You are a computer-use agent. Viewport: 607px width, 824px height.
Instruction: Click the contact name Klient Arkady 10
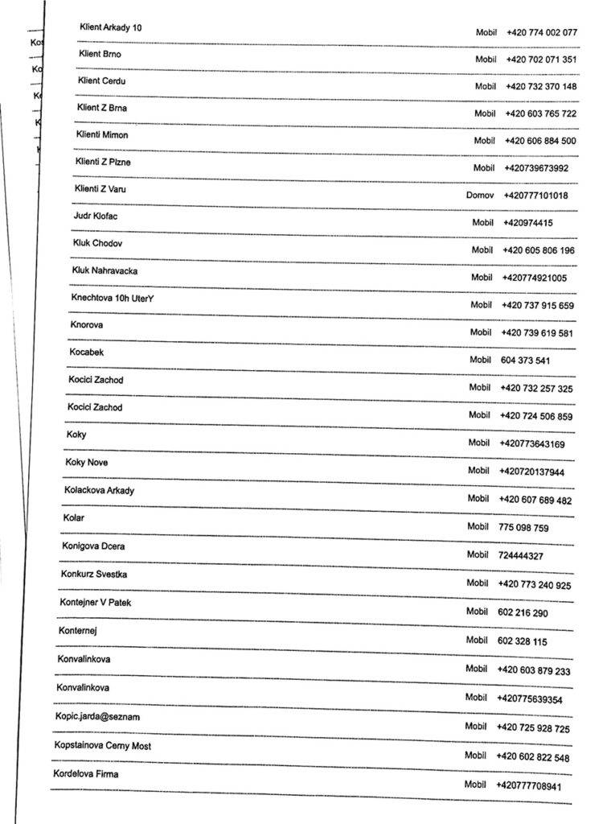coord(111,27)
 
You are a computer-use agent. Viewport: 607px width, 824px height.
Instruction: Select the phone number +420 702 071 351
coord(541,60)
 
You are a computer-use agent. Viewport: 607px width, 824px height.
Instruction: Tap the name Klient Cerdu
coord(102,81)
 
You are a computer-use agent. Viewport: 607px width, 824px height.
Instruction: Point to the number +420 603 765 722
coord(540,113)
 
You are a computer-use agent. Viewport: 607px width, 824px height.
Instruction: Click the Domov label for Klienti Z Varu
coord(480,196)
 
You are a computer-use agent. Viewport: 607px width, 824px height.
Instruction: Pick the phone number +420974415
coord(528,223)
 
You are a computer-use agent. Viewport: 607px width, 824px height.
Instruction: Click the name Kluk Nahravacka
coord(105,270)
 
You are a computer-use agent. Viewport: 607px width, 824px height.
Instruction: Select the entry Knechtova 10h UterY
coord(112,298)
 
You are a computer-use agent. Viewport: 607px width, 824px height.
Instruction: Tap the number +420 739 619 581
coord(537,333)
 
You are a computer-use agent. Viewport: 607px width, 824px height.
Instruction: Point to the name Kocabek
coord(87,352)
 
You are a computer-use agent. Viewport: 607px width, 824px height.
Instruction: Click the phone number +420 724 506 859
coord(536,416)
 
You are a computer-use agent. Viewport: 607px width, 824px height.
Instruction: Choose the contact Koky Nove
coord(87,463)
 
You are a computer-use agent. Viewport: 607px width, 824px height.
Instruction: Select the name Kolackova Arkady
coord(100,490)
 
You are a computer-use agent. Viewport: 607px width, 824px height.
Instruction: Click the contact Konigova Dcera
coord(93,546)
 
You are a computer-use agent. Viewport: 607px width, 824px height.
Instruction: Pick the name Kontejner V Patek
coord(95,603)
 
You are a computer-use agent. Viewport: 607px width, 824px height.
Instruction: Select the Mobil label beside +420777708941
coord(475,784)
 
